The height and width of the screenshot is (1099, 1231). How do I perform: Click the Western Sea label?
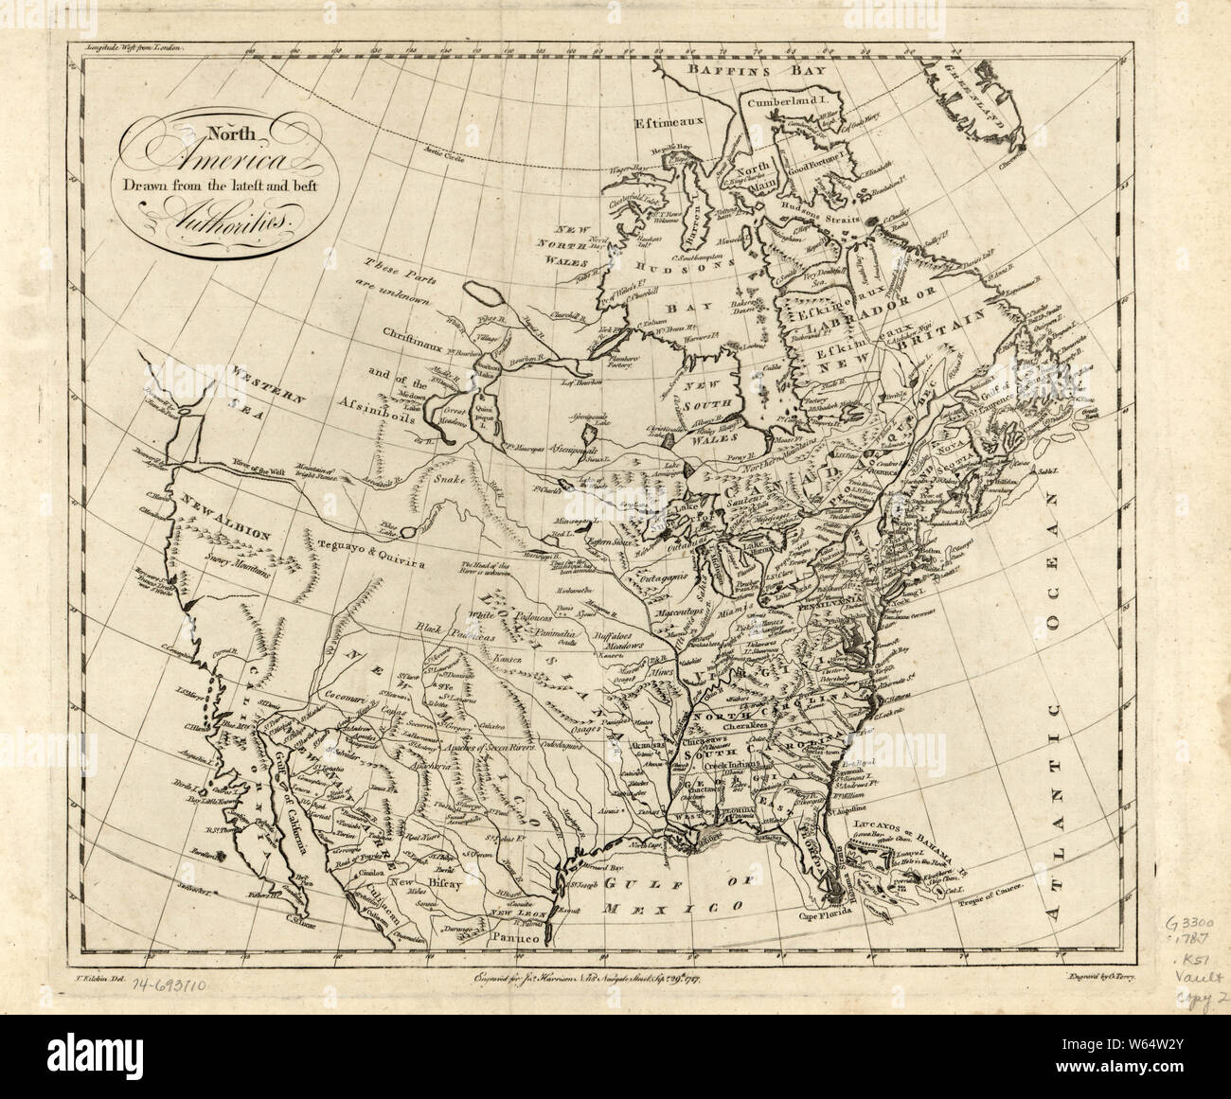(269, 387)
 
